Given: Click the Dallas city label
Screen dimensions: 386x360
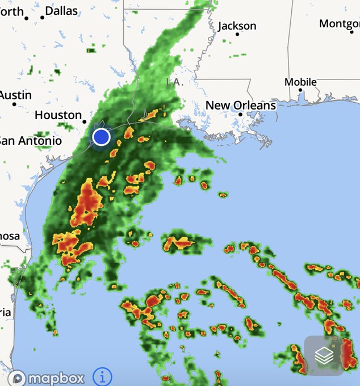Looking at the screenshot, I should click(61, 11).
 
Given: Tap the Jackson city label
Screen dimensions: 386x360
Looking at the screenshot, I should click(237, 26).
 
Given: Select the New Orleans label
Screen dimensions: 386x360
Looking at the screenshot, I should click(240, 105).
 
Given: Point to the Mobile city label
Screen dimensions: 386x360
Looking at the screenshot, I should click(300, 82).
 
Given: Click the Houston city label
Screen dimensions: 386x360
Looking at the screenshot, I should click(58, 115).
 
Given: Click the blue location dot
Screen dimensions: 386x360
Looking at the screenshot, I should click(101, 137).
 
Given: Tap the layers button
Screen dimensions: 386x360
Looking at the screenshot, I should click(324, 355).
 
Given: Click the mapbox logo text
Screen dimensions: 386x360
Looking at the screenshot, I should click(56, 378).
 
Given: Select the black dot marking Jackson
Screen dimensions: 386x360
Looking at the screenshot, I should click(238, 35).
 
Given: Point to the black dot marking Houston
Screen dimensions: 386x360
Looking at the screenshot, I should click(85, 121).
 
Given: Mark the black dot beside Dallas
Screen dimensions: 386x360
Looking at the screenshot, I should click(42, 18).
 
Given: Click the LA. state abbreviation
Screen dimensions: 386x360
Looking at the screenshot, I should click(174, 82).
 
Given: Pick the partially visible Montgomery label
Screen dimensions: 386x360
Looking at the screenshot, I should click(340, 24).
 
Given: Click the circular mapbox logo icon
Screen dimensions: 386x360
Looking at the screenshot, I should click(18, 378).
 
